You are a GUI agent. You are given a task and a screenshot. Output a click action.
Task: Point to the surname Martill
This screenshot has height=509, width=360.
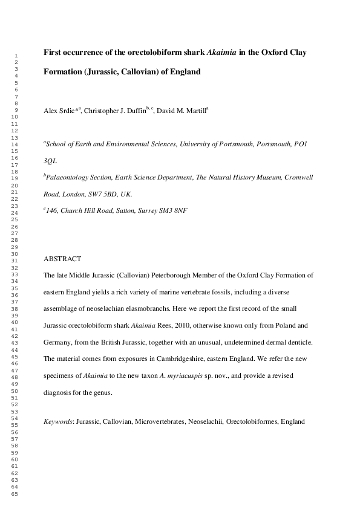click(x=193, y=111)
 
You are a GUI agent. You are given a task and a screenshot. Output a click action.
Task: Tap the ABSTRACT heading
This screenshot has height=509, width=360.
click(x=62, y=259)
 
